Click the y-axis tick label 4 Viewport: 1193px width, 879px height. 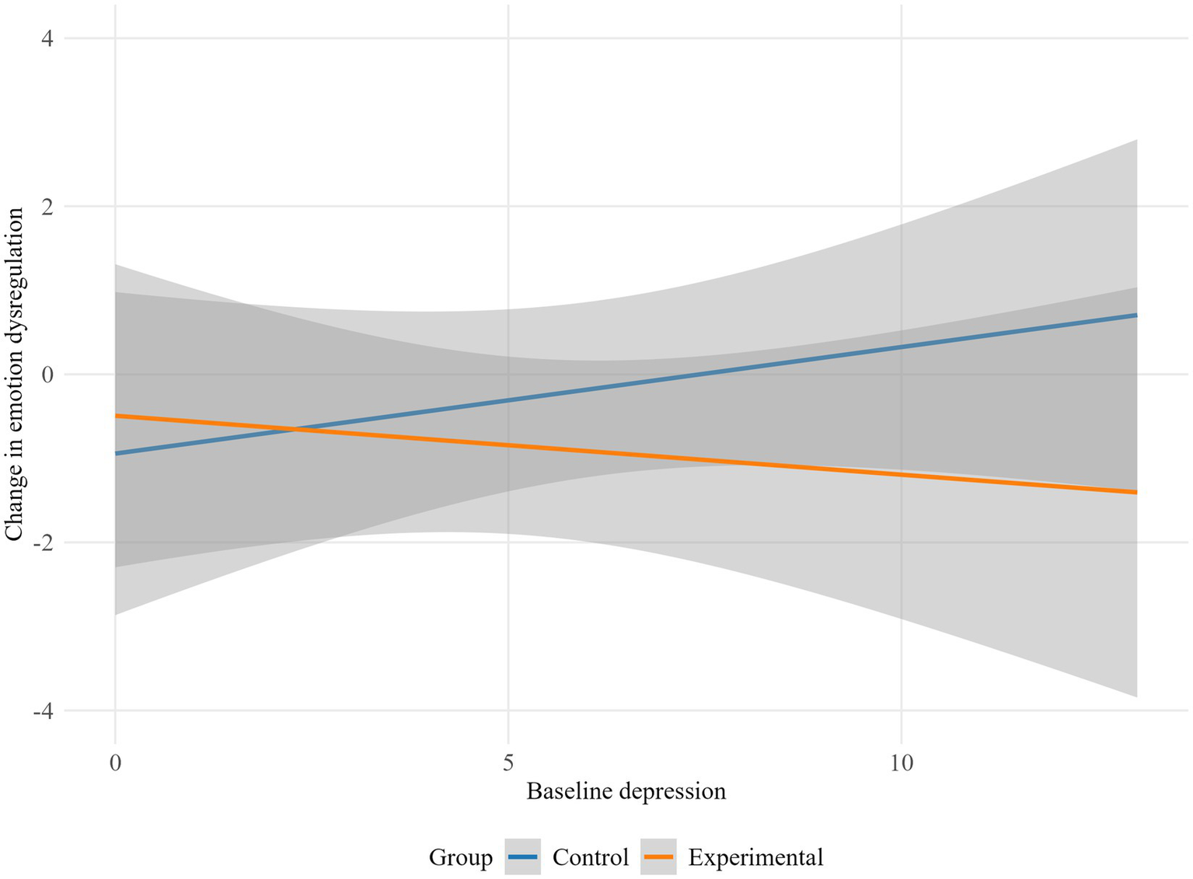[x=47, y=39]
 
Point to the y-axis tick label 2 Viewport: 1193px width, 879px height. [x=47, y=207]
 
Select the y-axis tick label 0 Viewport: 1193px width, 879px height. [x=47, y=375]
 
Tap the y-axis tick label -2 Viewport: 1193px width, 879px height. [x=44, y=542]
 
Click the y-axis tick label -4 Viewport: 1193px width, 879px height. [x=44, y=710]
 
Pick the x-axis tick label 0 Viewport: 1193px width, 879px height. [x=115, y=762]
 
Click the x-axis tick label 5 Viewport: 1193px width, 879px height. [x=508, y=762]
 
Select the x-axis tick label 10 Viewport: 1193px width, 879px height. [x=901, y=762]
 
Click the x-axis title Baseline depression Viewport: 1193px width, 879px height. [x=626, y=792]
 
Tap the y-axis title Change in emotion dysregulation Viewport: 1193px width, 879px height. [x=14, y=374]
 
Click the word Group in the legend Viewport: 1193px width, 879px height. [x=460, y=858]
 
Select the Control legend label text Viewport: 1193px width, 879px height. [x=590, y=858]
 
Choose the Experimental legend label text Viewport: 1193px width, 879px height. [x=755, y=858]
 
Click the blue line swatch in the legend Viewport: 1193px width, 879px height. [x=523, y=857]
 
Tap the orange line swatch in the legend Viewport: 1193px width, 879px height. [x=659, y=857]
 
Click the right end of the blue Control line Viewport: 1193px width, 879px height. [x=1136, y=315]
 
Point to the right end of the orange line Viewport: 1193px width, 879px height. [x=1136, y=492]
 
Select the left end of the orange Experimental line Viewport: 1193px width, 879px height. [x=116, y=416]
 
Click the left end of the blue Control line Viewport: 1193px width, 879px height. [x=116, y=453]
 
